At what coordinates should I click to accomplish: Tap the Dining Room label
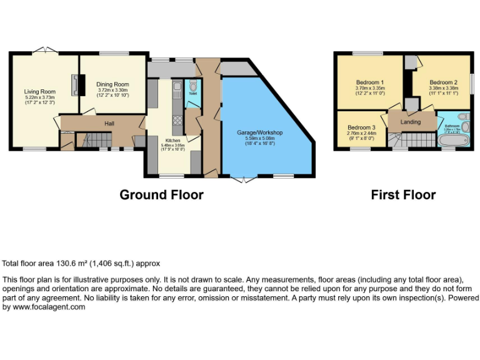112,84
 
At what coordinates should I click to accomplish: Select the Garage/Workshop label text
260,133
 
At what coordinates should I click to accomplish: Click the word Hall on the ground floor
109,124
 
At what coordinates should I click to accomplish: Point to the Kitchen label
172,141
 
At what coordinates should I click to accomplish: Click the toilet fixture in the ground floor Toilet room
193,86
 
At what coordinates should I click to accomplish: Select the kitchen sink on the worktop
177,88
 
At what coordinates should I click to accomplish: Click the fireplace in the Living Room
76,85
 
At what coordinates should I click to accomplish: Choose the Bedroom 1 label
370,82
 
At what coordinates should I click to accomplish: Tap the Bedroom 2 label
444,82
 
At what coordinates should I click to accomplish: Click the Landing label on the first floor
411,122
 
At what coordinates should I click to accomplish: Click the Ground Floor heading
161,195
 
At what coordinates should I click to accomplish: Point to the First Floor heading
403,195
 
